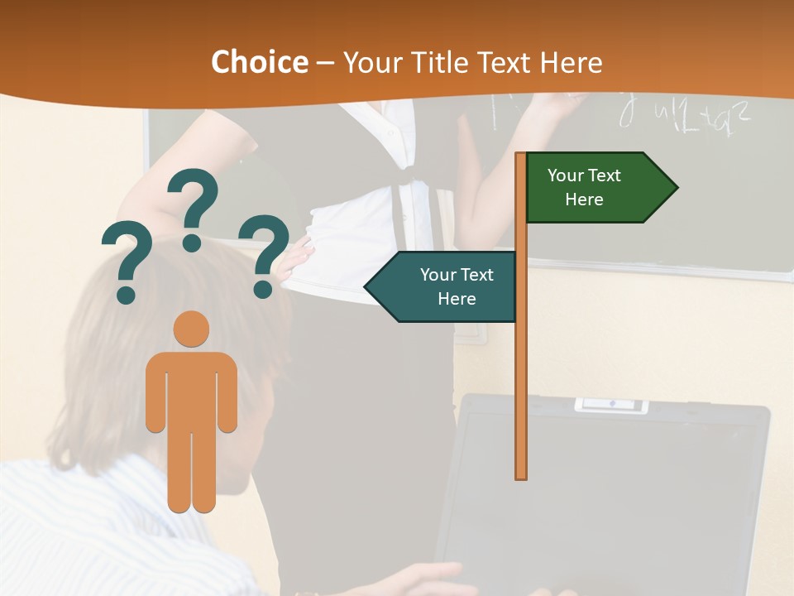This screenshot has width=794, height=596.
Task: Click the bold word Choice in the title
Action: coord(259,62)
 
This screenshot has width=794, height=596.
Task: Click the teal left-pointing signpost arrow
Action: coord(442,286)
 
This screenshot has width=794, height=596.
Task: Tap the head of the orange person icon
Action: coord(191,329)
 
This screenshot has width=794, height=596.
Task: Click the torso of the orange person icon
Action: coord(191,389)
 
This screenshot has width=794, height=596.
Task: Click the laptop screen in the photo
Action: coord(595,497)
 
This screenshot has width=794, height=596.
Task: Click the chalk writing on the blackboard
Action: coord(686,116)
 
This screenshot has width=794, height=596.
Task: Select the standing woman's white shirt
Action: coord(364,207)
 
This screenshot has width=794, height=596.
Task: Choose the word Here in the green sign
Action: coord(584,199)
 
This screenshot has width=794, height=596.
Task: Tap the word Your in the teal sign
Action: coord(438,275)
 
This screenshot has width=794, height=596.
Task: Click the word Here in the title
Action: coord(571,62)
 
